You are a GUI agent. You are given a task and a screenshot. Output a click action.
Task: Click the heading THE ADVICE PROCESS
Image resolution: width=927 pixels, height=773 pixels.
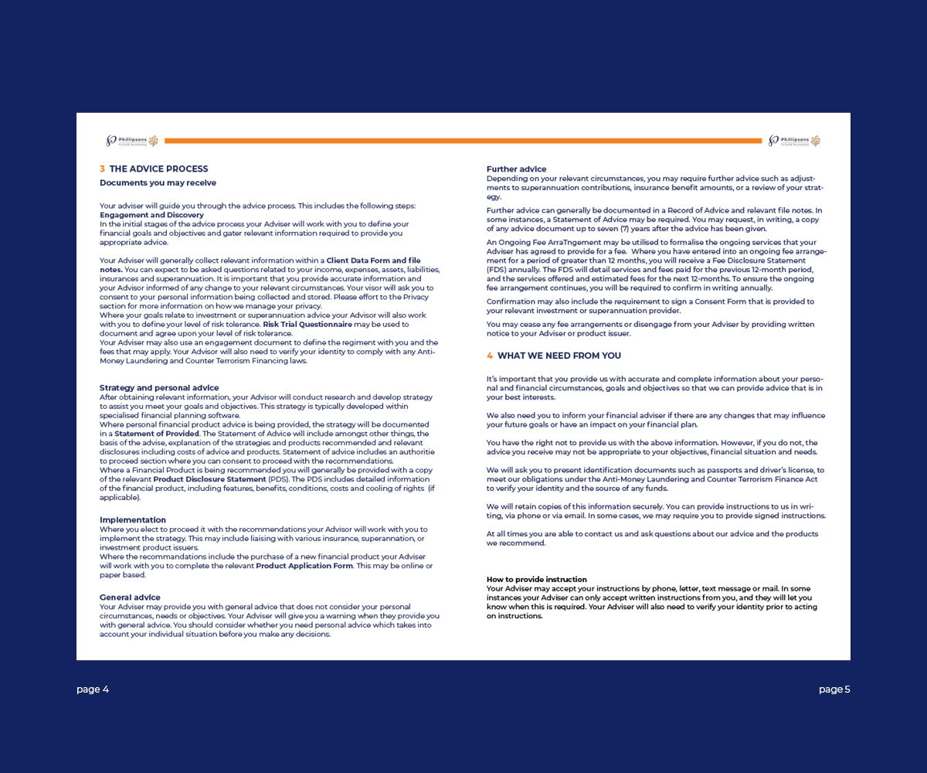[x=158, y=169]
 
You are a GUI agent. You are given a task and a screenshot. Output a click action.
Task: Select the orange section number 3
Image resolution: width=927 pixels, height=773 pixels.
[x=102, y=169]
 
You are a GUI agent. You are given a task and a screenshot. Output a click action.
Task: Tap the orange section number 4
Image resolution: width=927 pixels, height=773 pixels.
[x=489, y=356]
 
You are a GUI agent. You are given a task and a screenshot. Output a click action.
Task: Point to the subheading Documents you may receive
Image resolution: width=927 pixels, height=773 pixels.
[x=158, y=183]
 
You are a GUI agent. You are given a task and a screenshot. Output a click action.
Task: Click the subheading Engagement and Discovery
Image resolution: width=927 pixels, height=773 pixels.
[x=151, y=215]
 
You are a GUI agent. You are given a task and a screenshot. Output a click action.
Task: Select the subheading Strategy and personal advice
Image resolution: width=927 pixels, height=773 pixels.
[x=159, y=388]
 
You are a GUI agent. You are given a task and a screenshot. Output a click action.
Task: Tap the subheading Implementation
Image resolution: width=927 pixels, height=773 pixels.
[x=132, y=520]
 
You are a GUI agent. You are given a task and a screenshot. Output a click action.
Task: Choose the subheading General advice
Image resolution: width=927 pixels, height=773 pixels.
[x=130, y=598]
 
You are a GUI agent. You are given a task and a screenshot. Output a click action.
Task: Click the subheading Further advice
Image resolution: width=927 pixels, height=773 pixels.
[x=516, y=169]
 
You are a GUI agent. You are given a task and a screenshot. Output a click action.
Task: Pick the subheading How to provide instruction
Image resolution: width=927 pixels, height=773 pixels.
[x=536, y=580]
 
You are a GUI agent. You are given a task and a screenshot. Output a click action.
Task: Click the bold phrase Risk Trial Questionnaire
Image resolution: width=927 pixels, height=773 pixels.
[x=307, y=325]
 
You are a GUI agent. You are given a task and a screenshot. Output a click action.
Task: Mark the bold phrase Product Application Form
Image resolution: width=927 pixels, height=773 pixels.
[x=304, y=566]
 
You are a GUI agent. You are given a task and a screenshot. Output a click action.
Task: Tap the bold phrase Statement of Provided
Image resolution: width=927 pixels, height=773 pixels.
[x=157, y=434]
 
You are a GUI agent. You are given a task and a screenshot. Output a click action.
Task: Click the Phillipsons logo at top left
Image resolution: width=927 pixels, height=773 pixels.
[x=131, y=141]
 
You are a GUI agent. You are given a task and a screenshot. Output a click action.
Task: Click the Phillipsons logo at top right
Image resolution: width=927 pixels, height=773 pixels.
[x=794, y=141]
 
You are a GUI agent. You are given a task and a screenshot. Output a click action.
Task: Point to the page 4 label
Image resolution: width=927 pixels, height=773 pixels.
[x=93, y=690]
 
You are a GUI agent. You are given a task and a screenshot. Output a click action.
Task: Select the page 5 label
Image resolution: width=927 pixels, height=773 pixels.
[x=834, y=690]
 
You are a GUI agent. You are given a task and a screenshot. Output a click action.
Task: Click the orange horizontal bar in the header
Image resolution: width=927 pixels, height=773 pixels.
[x=463, y=141]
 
